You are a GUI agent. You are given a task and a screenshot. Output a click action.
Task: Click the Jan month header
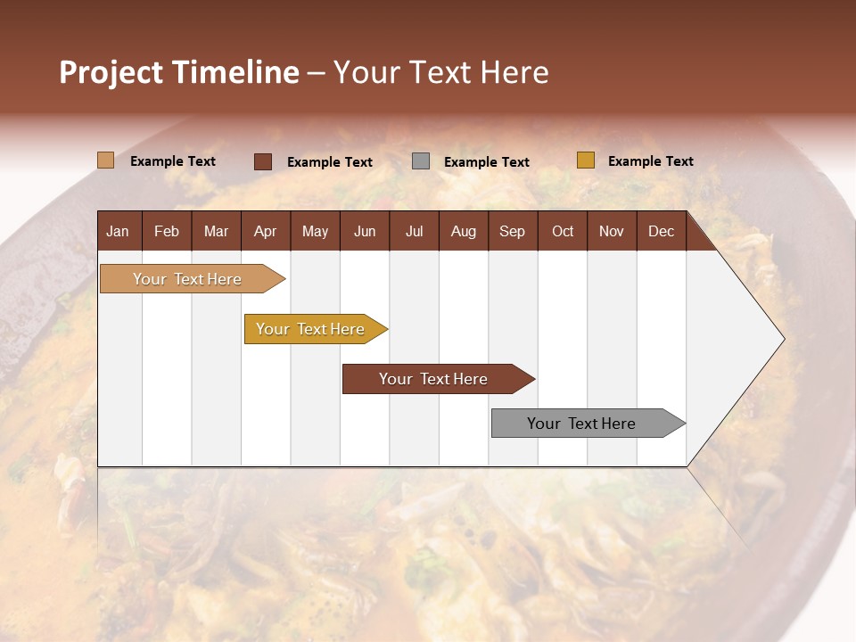(118, 231)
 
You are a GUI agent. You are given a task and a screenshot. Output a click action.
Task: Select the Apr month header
(265, 231)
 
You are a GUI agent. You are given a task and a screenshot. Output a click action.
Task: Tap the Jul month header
(414, 231)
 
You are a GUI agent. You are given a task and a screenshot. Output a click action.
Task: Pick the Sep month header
(512, 231)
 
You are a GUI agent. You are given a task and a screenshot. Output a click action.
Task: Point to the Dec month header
(661, 231)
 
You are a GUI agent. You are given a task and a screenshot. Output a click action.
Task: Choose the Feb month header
(167, 231)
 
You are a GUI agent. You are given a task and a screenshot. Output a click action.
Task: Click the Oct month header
(563, 231)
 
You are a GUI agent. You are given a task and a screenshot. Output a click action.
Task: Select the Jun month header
(365, 231)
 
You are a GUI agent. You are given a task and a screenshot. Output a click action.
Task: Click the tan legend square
(105, 160)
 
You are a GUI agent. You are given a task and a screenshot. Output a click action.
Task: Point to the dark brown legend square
(263, 161)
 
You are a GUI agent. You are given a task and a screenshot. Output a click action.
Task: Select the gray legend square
(421, 161)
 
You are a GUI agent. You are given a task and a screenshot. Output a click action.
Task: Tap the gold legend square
(585, 160)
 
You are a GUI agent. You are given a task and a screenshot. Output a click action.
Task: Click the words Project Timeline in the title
(179, 72)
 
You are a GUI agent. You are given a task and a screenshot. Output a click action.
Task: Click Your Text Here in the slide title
(440, 72)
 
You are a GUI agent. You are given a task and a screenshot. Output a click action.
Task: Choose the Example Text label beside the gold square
(650, 160)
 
